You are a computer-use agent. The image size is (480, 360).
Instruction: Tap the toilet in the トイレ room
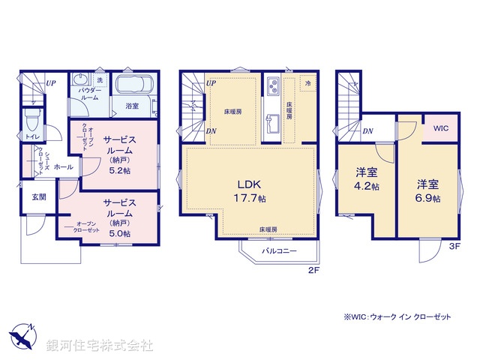click(31, 119)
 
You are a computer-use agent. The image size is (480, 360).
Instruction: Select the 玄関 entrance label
click(39, 196)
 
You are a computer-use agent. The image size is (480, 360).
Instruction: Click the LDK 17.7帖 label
click(250, 191)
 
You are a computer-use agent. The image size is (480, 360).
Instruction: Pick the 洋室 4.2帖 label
click(367, 180)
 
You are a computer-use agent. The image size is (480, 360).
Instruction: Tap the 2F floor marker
click(313, 271)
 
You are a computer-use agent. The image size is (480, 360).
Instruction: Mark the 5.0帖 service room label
click(119, 218)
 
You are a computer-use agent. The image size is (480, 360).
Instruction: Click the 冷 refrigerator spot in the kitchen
click(307, 83)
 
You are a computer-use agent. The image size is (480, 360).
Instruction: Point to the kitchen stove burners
click(271, 83)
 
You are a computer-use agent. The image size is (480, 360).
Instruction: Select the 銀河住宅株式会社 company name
click(100, 346)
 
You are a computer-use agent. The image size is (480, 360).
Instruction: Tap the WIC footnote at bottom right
click(397, 317)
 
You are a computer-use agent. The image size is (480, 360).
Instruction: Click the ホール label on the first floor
click(63, 167)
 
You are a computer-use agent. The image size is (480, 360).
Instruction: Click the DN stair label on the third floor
click(367, 131)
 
